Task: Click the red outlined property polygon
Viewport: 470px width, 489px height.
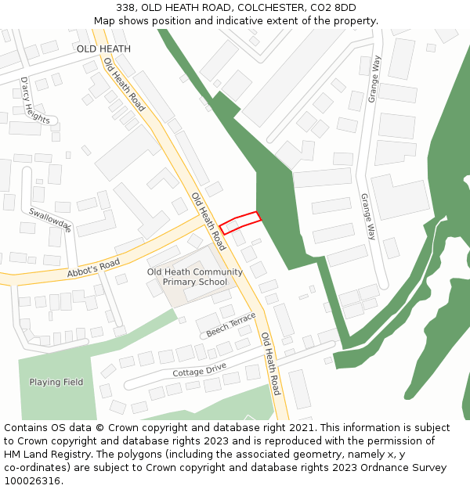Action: pyautogui.click(x=240, y=222)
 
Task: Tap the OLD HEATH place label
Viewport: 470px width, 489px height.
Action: pyautogui.click(x=103, y=49)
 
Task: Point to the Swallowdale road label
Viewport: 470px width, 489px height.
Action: pyautogui.click(x=50, y=220)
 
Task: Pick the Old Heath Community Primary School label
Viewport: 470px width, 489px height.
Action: pyautogui.click(x=195, y=277)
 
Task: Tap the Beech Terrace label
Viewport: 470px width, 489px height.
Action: pyautogui.click(x=231, y=325)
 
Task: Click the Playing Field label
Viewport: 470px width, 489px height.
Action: pyautogui.click(x=56, y=382)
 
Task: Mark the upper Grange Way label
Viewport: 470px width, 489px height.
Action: pyautogui.click(x=377, y=76)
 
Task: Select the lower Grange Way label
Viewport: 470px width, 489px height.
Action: pyautogui.click(x=367, y=217)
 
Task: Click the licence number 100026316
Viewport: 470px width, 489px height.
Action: pyautogui.click(x=34, y=481)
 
